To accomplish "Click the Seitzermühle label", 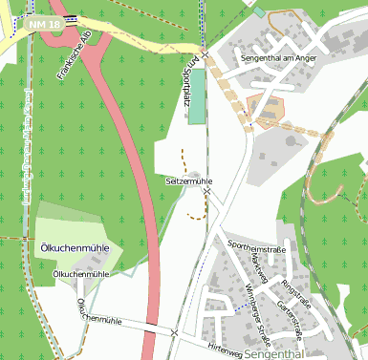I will point(189,180).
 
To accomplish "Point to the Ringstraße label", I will point(295,291).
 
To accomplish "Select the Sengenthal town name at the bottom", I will point(273,353).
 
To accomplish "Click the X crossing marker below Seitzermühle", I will point(206,193).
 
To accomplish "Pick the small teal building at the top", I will point(258,12).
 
